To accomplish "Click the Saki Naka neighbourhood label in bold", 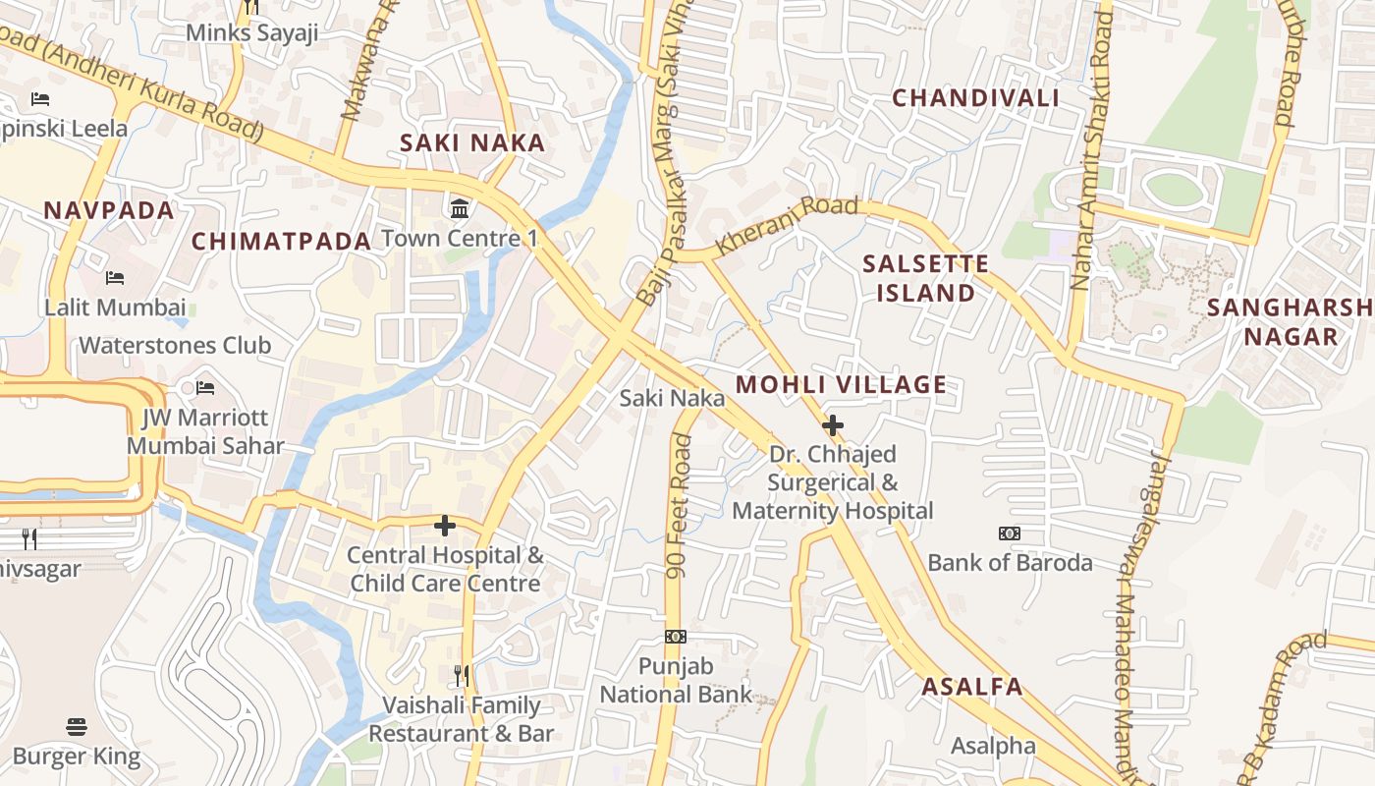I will coord(471,143).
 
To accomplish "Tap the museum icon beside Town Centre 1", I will coord(460,208).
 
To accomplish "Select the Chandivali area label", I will coord(975,98).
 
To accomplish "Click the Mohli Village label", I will coord(841,385).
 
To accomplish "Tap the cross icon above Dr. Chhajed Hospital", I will coord(833,425).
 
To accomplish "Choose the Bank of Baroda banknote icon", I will coord(1010,533).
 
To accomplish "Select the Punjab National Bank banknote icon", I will coord(676,637).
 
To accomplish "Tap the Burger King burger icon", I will coord(77,727).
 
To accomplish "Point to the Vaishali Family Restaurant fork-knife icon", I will coord(462,676).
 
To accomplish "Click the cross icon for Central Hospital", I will coord(445,526).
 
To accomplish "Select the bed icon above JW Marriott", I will coord(205,388).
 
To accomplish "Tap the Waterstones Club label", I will coord(175,346).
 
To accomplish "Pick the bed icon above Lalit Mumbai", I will coord(115,278).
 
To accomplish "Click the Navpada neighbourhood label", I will coord(108,210).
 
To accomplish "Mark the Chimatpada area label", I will coord(281,242).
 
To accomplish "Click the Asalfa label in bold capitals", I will coord(971,688).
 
